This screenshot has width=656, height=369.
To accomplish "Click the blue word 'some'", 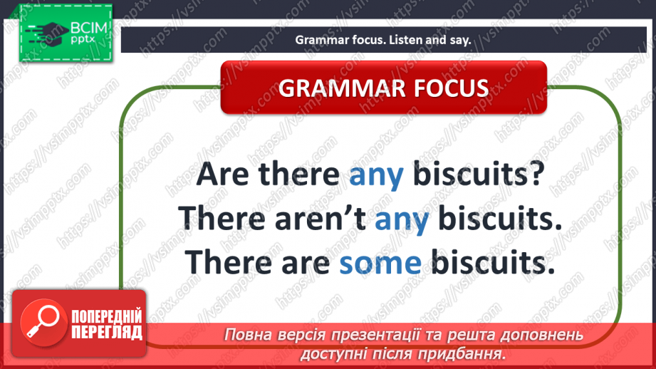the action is [380, 263].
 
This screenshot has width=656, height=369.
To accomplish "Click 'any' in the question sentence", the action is [376, 175].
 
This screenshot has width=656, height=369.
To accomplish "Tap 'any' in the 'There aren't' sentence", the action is [402, 219].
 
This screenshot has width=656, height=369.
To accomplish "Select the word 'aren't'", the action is [321, 218].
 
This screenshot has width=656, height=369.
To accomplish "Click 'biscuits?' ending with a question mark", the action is [479, 173].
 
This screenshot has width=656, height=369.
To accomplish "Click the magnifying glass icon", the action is [43, 322].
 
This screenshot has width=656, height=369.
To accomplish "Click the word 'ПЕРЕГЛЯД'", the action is [107, 333].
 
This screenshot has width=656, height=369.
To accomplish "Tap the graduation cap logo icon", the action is [47, 33].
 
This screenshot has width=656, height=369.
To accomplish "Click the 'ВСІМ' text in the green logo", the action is [89, 28].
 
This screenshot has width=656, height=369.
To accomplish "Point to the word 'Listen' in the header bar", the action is [406, 40].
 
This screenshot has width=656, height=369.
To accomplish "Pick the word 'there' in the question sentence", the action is [298, 174].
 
